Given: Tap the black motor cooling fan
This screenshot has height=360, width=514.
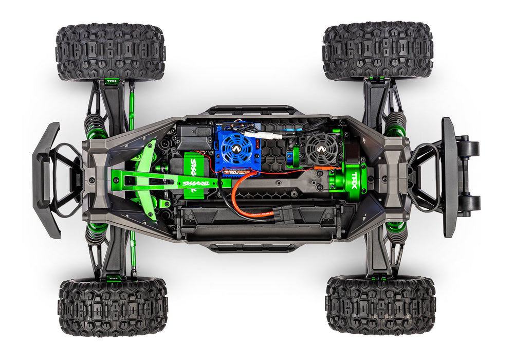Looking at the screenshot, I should pyautogui.click(x=322, y=149).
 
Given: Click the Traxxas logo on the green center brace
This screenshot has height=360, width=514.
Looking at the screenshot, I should pyautogui.click(x=193, y=182).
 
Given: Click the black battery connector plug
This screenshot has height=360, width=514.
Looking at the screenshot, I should pyautogui.click(x=284, y=212).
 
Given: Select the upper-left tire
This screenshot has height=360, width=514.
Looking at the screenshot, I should pyautogui.click(x=111, y=51).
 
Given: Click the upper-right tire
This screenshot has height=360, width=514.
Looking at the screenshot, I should pyautogui.click(x=377, y=50).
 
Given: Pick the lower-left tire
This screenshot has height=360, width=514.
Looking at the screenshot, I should pyautogui.click(x=113, y=307).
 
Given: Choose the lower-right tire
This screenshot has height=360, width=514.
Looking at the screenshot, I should pyautogui.click(x=380, y=305).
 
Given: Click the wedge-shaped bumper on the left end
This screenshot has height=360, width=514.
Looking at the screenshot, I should pyautogui.click(x=47, y=180).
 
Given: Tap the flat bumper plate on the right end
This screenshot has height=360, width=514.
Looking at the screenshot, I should pyautogui.click(x=450, y=177).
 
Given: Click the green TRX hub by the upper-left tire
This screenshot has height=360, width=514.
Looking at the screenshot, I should pyautogui.click(x=112, y=81).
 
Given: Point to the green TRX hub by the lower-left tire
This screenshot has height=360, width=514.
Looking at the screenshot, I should pyautogui.click(x=113, y=278).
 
